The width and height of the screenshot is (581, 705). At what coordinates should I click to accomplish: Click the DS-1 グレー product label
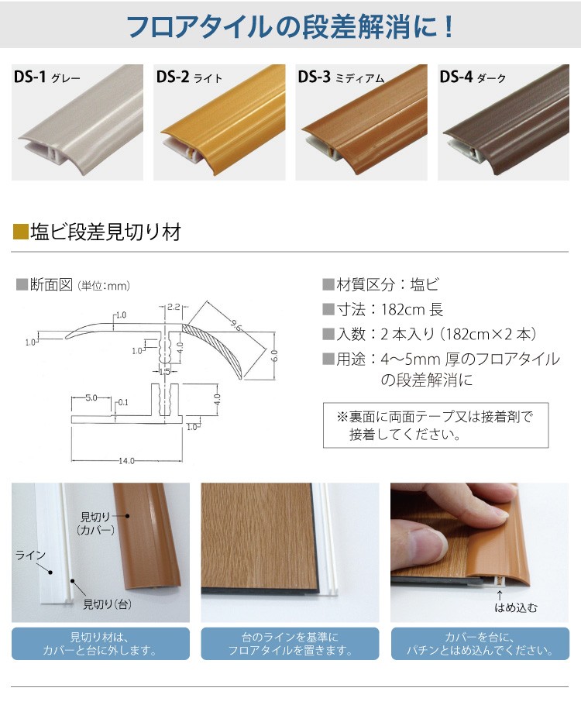click(x=47, y=77)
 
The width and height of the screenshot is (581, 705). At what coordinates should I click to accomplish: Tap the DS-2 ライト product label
click(x=189, y=77)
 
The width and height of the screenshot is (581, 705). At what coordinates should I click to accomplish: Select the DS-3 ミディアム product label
click(x=341, y=77)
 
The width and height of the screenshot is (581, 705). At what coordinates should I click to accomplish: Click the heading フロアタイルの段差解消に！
click(x=290, y=28)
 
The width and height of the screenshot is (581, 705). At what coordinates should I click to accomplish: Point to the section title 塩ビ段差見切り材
click(x=105, y=231)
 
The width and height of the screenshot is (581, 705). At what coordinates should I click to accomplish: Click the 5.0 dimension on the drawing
click(x=91, y=398)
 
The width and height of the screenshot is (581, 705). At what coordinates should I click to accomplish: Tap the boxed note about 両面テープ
click(x=435, y=425)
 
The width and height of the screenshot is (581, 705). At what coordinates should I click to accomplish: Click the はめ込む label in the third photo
click(x=514, y=608)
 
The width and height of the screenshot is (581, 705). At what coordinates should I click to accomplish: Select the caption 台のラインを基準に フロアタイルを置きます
click(x=290, y=644)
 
